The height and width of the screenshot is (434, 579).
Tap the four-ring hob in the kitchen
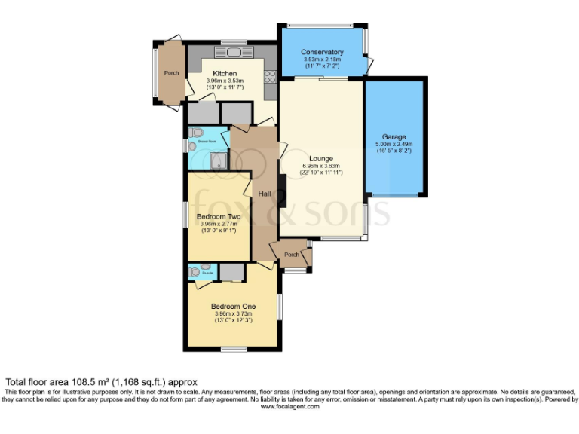[x=270, y=76]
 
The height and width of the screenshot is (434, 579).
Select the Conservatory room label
[x=322, y=52]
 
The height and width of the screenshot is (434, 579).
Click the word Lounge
[x=320, y=158]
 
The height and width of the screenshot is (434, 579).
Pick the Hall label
[x=265, y=194]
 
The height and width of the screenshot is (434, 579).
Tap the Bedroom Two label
[x=217, y=216]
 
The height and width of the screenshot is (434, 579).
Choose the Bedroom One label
[x=233, y=306]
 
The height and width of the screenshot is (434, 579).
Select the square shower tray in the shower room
[x=218, y=160]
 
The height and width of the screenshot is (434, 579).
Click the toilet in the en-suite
[x=195, y=272]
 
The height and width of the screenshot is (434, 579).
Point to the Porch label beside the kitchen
[x=171, y=73]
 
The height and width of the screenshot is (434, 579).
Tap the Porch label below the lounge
[x=291, y=255]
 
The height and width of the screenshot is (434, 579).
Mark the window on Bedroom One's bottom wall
[x=233, y=349]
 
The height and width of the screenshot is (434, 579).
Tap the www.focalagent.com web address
[x=289, y=407]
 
